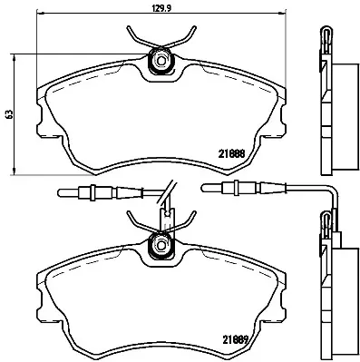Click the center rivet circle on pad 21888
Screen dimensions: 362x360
click(x=161, y=61)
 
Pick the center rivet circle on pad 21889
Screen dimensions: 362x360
click(x=161, y=242)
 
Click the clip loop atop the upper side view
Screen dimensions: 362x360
click(x=325, y=38)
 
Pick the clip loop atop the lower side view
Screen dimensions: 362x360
click(x=325, y=220)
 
